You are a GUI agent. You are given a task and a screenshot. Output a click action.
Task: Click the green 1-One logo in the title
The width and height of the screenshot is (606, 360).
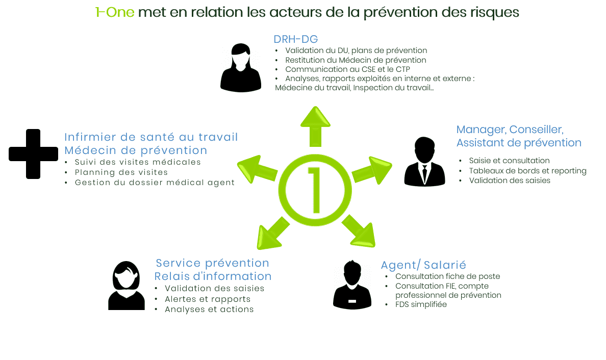coord(115,12)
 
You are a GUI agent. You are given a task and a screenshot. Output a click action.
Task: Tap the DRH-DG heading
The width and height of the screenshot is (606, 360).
coord(296,39)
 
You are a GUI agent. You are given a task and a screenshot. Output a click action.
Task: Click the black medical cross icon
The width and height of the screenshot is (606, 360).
coord(33,153)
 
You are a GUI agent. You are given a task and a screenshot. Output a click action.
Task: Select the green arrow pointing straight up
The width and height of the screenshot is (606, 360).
coord(315,126)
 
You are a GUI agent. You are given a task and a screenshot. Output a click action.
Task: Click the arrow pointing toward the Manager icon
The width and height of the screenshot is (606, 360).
coord(371,170)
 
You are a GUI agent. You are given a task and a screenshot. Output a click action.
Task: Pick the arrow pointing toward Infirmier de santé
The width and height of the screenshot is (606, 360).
coord(258,169)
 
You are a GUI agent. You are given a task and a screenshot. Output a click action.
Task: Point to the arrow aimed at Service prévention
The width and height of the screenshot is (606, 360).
coord(273,233)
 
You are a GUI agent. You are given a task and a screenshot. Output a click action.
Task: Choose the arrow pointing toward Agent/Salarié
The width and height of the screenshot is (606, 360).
coord(359,231)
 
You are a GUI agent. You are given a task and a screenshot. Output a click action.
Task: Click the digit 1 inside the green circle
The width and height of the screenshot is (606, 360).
coord(315,190)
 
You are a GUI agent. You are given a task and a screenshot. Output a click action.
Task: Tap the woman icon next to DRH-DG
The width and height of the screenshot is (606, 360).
coord(240,68)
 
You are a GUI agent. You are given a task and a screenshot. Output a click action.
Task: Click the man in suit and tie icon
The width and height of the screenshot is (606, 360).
coord(424,162)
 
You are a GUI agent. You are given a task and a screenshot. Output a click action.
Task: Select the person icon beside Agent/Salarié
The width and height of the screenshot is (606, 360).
coord(352,285)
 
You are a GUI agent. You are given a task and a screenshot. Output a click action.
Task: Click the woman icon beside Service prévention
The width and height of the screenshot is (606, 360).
coord(127,286)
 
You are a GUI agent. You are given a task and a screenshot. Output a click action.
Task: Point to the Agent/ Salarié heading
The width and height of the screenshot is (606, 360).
coord(423,265)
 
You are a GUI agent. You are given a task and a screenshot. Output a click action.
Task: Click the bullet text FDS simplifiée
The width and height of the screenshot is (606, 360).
coord(421,304)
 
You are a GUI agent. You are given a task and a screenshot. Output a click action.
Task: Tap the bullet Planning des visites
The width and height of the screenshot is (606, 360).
coord(121,172)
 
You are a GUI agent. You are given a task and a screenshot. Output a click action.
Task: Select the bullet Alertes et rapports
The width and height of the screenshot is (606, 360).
coord(208,299)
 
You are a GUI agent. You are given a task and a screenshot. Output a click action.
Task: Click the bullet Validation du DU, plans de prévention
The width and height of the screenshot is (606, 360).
coord(356,50)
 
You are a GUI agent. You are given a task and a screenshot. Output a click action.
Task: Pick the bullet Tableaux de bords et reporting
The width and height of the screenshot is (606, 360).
coord(527,171)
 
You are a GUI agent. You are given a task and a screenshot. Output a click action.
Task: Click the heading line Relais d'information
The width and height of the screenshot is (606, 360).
coord(213,276)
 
